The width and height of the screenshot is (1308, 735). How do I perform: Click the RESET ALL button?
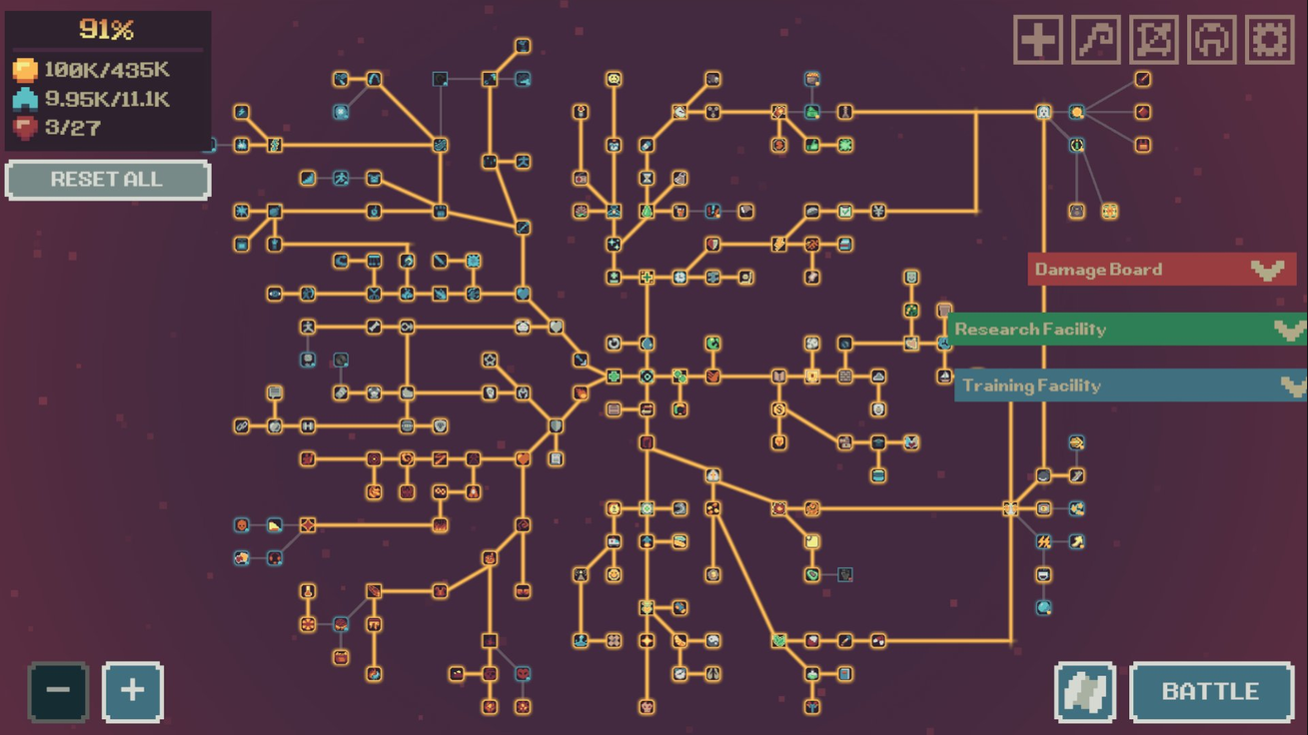coord(108,180)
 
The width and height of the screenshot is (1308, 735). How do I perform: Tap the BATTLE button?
coord(1212,692)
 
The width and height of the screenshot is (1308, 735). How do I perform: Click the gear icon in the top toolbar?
coord(1269,40)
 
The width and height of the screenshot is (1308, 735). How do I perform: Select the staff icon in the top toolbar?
coord(1096,40)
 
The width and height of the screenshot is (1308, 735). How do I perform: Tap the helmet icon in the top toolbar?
coord(1212,40)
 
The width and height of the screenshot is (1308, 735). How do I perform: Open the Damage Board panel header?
coord(1162,270)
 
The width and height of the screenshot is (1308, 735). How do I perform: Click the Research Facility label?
coord(1030,330)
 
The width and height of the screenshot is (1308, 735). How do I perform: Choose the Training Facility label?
coord(1032,385)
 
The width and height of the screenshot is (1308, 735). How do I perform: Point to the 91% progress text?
coord(107,29)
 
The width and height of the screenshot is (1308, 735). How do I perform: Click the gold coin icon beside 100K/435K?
coord(25,70)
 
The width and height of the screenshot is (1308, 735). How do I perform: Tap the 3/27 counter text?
coord(73,127)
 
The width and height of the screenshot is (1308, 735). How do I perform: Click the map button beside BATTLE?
coord(1085,692)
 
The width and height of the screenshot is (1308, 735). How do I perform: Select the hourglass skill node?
coord(647,178)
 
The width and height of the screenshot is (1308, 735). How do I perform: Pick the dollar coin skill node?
coord(778,409)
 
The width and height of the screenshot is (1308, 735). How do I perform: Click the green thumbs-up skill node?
coord(811,145)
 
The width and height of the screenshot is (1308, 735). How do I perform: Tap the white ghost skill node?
coord(1043,112)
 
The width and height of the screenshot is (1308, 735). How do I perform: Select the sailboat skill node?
coord(944,375)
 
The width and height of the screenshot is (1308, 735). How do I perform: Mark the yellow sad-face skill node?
coord(614,79)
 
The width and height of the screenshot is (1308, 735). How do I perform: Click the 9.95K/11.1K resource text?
coord(107,99)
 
